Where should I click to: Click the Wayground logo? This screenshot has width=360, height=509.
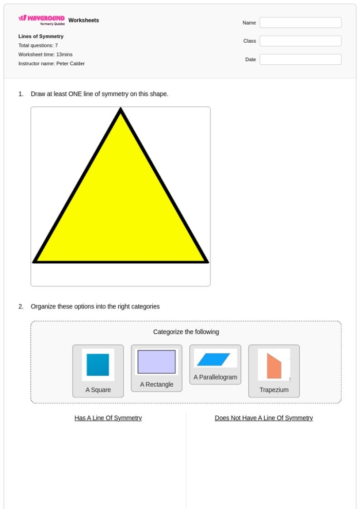(42, 20)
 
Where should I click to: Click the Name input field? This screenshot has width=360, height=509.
(300, 23)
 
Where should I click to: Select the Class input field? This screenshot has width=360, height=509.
(300, 41)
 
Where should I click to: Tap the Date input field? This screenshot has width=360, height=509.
(300, 60)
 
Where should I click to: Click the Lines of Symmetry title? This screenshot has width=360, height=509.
(41, 37)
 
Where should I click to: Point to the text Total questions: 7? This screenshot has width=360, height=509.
(38, 45)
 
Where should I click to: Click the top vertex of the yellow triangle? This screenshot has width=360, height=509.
(120, 110)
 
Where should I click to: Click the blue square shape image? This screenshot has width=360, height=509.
(98, 365)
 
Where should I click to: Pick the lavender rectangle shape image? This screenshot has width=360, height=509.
(156, 362)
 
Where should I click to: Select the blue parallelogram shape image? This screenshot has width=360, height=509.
(215, 359)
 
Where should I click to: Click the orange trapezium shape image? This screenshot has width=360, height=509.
(274, 366)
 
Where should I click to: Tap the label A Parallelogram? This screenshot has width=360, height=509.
(215, 377)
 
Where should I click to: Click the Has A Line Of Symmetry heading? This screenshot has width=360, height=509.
(108, 418)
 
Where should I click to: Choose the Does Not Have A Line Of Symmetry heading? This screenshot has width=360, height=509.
(263, 418)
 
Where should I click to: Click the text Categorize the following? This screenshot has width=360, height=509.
(186, 332)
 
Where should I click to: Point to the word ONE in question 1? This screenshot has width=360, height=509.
(76, 94)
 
